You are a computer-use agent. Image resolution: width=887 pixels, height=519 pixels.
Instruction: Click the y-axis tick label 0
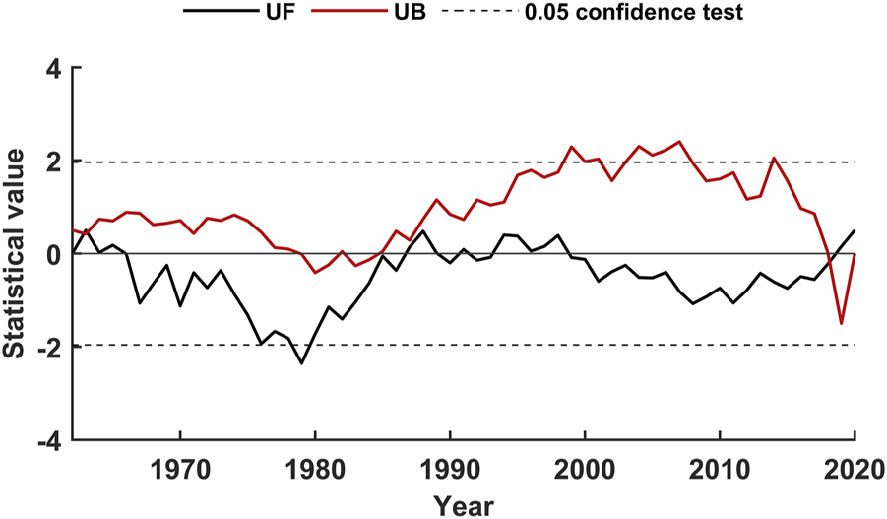pos(52,254)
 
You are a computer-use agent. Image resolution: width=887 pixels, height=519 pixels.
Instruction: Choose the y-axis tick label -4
pos(45,439)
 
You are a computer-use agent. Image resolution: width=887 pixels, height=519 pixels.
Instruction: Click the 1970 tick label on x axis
pos(180,466)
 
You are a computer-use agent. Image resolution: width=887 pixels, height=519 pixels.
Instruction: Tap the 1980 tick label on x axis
pos(315,466)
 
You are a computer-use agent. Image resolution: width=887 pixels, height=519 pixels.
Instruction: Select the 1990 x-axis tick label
pos(450,466)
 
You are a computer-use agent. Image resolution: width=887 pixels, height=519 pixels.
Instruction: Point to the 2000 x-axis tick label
pos(585,466)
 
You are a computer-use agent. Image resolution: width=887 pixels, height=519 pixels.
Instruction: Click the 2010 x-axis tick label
pos(720,466)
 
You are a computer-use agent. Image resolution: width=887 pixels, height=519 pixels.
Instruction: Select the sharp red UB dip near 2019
pos(841,323)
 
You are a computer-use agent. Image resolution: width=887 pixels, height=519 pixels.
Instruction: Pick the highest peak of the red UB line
pos(679,142)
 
